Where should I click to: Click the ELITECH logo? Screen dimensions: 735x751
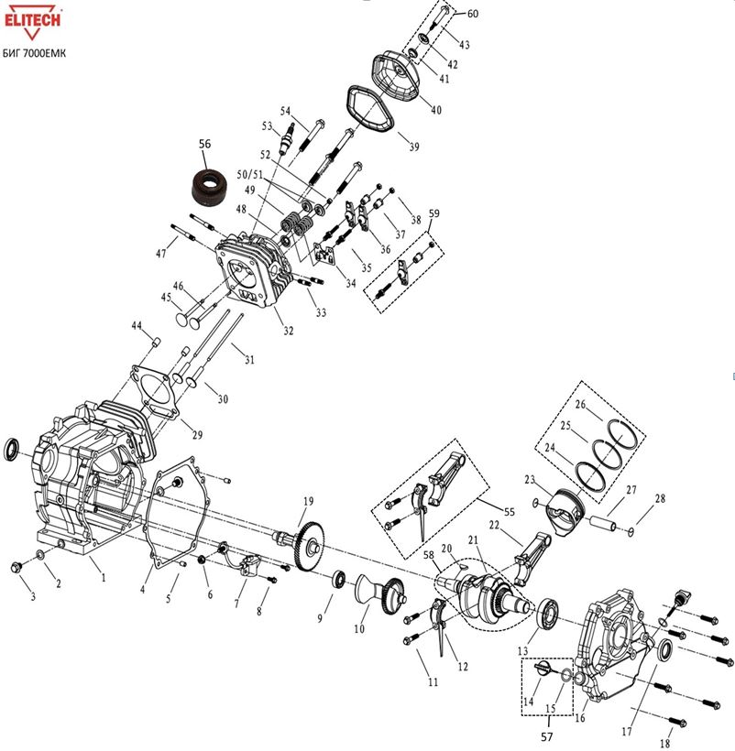tap(33, 22)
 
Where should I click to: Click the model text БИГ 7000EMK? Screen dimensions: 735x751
tap(35, 53)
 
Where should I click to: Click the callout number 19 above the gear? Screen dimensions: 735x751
tap(308, 501)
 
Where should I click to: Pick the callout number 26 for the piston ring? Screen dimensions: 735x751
tap(580, 405)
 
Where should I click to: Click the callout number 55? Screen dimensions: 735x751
tap(510, 512)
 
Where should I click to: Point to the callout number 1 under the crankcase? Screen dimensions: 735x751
tap(103, 578)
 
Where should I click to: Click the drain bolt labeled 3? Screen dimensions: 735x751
tap(16, 567)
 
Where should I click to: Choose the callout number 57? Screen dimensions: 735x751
tap(547, 736)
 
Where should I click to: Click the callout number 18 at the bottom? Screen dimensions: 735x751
tap(665, 743)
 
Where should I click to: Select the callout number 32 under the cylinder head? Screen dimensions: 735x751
tap(288, 331)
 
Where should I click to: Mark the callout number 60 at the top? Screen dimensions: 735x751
tap(472, 14)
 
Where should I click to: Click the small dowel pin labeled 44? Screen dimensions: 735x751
tap(156, 342)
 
